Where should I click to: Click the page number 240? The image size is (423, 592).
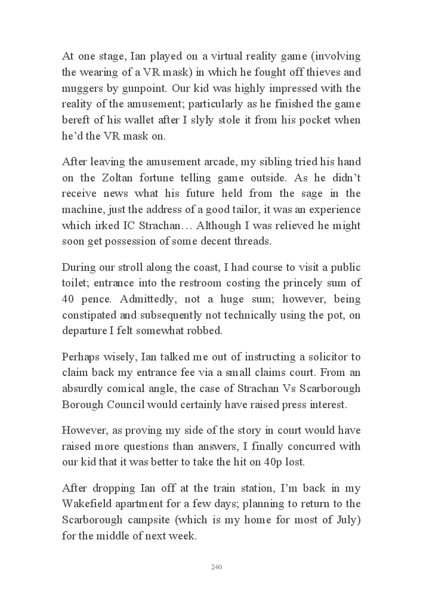point(217,567)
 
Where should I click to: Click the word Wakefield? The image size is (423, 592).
point(88,505)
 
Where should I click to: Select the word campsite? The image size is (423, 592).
point(155,520)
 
